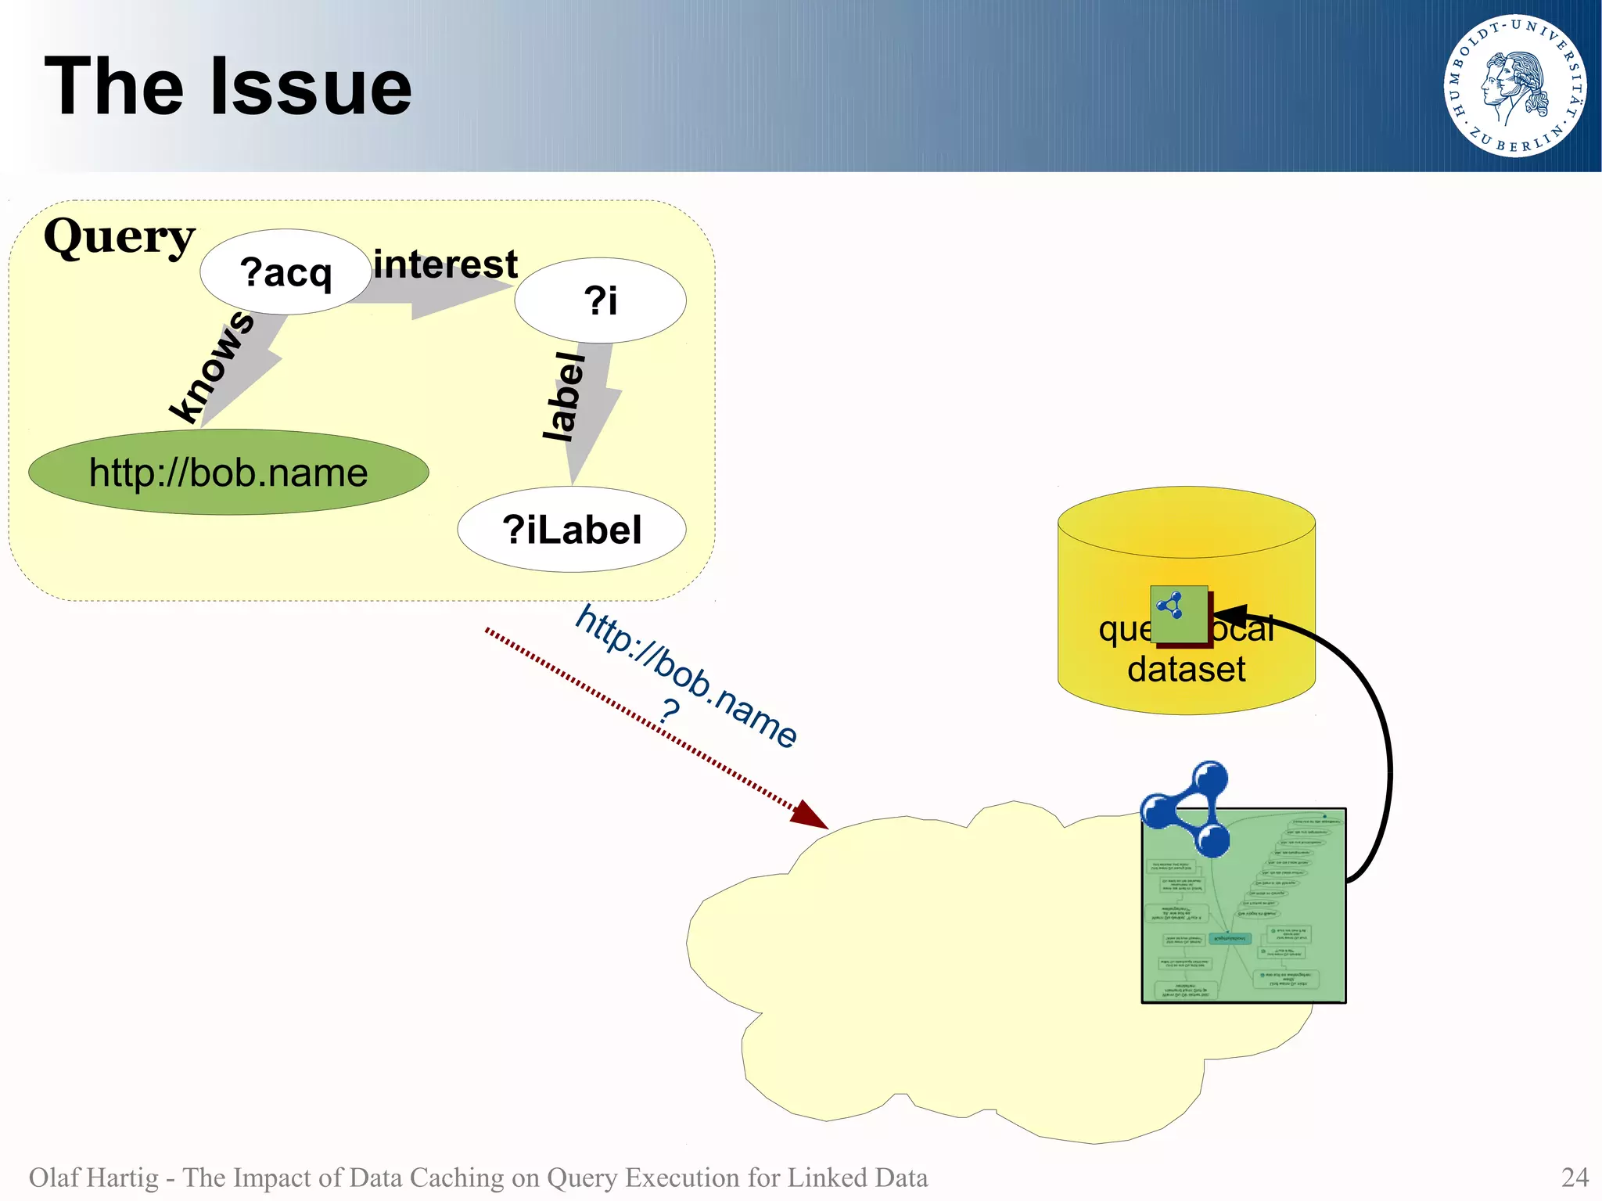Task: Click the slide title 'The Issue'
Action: point(228,87)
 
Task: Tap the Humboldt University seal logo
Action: point(1514,86)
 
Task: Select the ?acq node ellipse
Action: point(286,272)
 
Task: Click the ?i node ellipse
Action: point(600,300)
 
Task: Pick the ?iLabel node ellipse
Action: point(572,530)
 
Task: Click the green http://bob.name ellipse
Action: point(228,473)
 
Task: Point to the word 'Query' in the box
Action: point(119,236)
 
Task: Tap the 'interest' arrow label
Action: point(445,264)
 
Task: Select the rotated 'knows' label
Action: point(212,365)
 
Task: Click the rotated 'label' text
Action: point(565,397)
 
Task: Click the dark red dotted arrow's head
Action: point(812,817)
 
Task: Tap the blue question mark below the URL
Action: point(670,713)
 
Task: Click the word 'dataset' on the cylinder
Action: point(1186,670)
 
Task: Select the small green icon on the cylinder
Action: point(1179,614)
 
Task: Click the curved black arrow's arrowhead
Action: point(1227,614)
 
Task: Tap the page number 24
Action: point(1575,1177)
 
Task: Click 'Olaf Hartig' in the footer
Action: point(93,1177)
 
